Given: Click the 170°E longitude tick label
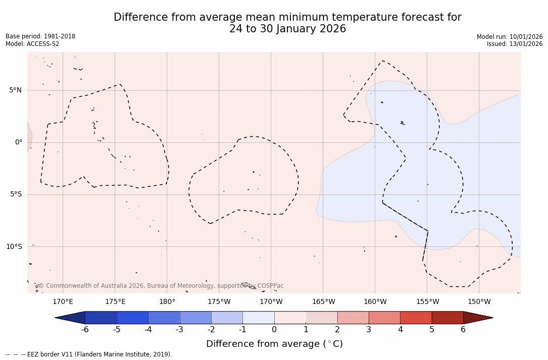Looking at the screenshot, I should (63, 302).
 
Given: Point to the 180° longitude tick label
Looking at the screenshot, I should (167, 302).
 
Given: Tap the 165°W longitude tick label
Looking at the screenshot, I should (323, 302).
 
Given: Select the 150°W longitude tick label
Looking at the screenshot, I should (479, 302).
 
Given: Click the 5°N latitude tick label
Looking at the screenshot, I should (15, 90).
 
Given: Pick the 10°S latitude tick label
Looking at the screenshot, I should (14, 246).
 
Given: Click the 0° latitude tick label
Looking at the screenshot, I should (19, 142).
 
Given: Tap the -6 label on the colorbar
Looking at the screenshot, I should (85, 330).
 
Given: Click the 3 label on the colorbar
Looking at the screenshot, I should (369, 330).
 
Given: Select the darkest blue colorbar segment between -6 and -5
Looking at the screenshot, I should (101, 318).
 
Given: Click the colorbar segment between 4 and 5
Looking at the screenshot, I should (416, 318).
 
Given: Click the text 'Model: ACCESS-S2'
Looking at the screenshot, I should (32, 44).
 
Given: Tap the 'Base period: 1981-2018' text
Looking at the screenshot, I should (40, 36).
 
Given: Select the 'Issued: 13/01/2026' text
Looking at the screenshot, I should (515, 44).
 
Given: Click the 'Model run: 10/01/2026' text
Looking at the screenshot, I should (510, 36).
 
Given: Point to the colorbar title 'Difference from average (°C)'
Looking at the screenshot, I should (274, 344).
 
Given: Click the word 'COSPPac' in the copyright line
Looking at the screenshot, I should (271, 286).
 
